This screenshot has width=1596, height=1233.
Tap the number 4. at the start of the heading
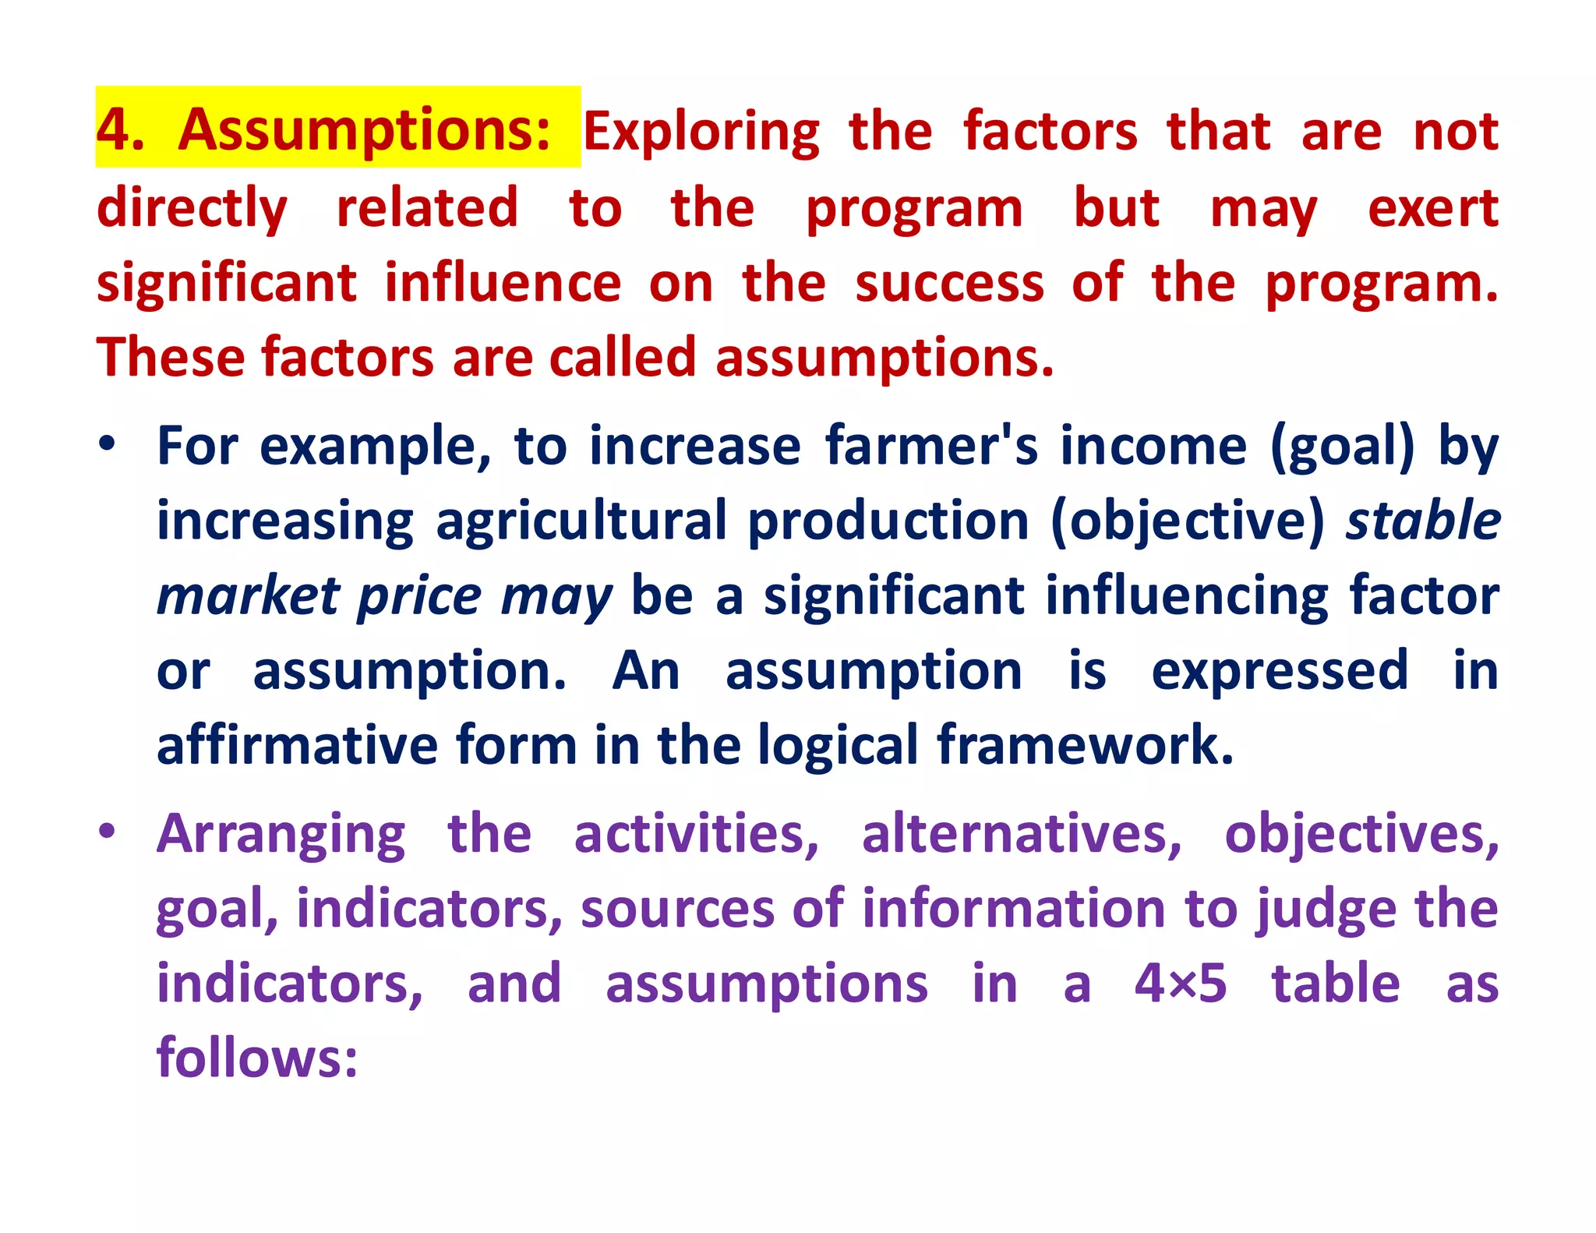coord(121,130)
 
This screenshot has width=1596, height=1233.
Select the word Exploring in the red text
coord(701,132)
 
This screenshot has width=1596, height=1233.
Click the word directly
coord(192,209)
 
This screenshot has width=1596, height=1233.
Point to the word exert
coord(1432,209)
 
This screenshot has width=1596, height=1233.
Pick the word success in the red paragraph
coord(949,283)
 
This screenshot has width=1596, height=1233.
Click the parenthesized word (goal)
coord(1342,447)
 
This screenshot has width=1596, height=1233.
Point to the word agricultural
coord(581,521)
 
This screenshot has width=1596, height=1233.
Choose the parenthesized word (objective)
coord(1188,521)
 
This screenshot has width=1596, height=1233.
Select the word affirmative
coord(298,745)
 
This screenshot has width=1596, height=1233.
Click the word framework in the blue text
coord(1085,745)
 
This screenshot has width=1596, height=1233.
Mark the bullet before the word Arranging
coord(107,831)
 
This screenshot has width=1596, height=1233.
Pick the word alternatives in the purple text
coord(1021,834)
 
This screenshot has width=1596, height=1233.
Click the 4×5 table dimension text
coord(1180,984)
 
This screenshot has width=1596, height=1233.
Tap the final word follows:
coord(257,1058)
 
